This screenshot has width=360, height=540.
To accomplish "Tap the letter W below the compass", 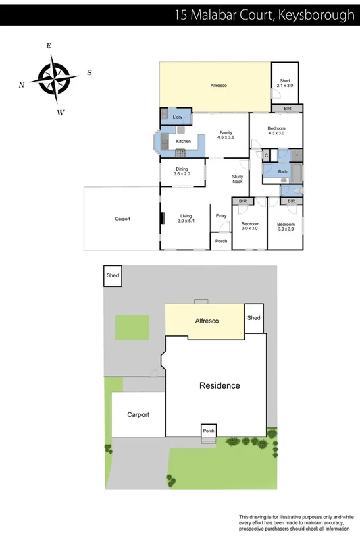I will coord(60,113).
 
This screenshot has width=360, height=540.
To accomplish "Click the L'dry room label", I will coord(178,117).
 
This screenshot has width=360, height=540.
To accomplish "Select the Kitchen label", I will coord(184,141).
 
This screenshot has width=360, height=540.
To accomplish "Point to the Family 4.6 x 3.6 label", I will coord(225,134).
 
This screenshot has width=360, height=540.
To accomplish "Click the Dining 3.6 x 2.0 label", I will coord(182,171).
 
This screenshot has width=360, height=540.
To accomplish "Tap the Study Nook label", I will coord(237,179).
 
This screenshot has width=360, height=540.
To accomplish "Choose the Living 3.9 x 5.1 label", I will coord(186,218).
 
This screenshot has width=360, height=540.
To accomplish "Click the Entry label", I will coord(221,215).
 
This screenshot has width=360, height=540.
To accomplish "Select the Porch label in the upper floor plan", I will coord(221,241).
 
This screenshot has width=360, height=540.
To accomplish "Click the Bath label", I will coord(284,172).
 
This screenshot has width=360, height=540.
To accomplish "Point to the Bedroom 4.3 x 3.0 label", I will coord(276,131).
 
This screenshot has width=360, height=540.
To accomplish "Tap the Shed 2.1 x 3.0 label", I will coord(286,84).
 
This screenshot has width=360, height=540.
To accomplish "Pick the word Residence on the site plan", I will coord(219,386).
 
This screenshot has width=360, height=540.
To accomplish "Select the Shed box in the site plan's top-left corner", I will coord(113,276).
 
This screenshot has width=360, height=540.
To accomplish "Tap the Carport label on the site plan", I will coord(138,415).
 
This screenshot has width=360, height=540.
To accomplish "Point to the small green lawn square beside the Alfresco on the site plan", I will coord(132,327).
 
